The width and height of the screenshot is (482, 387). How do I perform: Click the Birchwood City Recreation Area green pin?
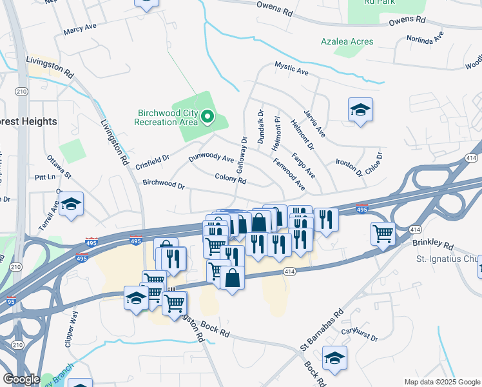click(x=207, y=117)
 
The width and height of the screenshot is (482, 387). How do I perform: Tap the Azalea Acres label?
click(x=347, y=41)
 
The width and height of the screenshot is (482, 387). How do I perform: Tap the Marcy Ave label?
click(x=79, y=30)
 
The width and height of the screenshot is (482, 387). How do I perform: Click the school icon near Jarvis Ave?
click(x=360, y=110)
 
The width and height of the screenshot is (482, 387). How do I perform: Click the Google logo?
click(x=21, y=379)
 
